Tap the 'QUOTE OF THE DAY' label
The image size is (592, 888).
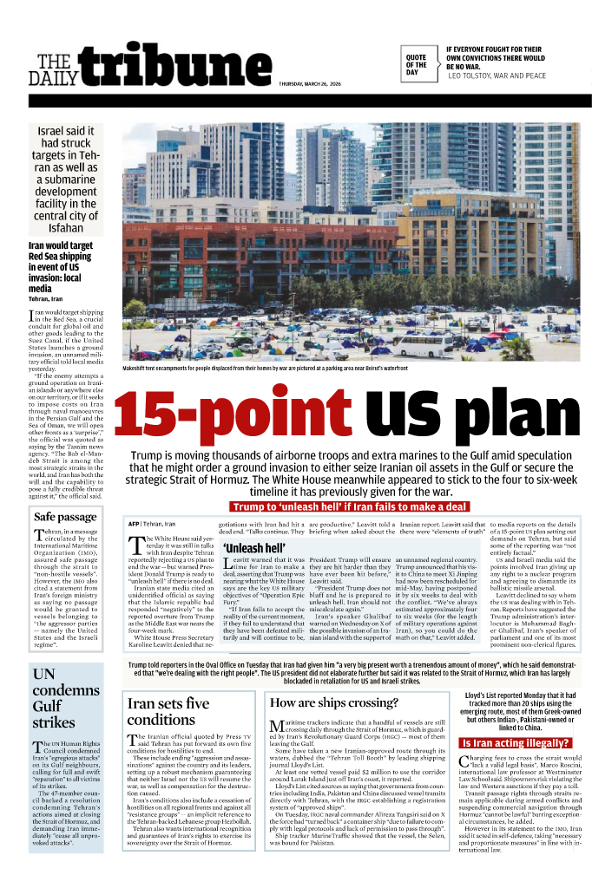click(416, 65)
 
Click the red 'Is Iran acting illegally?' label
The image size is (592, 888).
click(515, 743)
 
